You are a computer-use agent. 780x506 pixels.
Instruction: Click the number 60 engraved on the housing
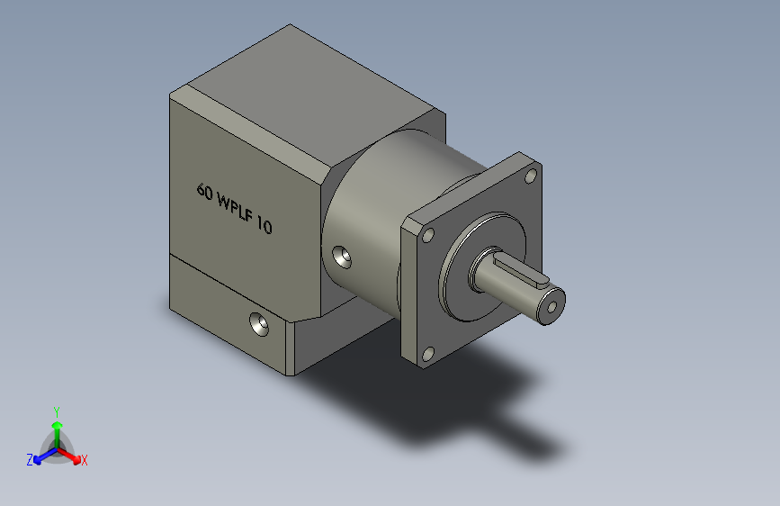(205, 191)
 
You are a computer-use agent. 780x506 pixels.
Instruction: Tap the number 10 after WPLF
(264, 225)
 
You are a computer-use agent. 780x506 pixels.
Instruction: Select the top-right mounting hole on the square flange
(531, 176)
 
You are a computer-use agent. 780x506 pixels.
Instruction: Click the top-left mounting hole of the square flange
(428, 235)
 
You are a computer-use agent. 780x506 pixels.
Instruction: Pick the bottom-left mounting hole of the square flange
(428, 354)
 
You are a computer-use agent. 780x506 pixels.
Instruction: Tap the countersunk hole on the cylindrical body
(342, 257)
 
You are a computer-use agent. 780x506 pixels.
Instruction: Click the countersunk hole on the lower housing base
(259, 324)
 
